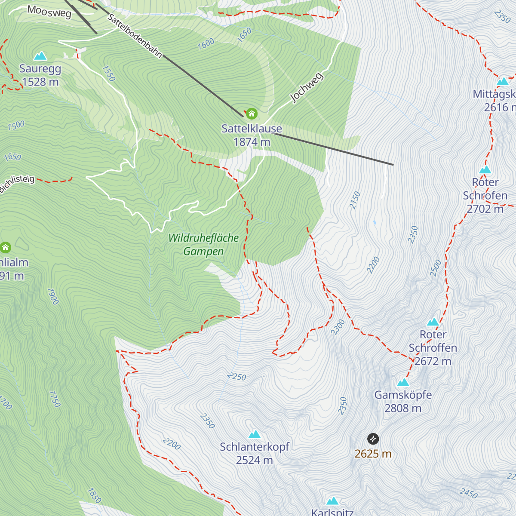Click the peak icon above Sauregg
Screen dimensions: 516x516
pos(40,56)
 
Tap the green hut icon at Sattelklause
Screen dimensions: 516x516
pos(252,114)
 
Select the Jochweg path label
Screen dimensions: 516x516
pos(307,88)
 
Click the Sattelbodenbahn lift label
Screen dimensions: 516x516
pos(135,36)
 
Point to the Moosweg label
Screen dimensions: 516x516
pos(49,12)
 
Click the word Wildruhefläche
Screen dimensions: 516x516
pos(203,238)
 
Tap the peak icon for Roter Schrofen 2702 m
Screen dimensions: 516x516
pos(485,170)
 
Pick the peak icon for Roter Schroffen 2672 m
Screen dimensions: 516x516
pos(433,322)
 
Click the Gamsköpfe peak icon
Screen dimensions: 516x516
pos(403,382)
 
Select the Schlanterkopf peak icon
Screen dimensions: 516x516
pos(255,434)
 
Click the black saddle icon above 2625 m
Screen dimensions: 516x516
pos(373,439)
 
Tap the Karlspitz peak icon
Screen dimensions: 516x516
pos(332,501)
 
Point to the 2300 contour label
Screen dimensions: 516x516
pos(338,327)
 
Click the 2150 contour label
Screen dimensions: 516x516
pos(355,200)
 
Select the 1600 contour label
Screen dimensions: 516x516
pos(206,44)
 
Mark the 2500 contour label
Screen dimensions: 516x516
pos(436,268)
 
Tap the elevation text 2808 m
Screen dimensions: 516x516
pos(403,408)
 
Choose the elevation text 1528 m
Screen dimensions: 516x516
pos(40,82)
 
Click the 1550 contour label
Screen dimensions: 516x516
pos(109,74)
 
